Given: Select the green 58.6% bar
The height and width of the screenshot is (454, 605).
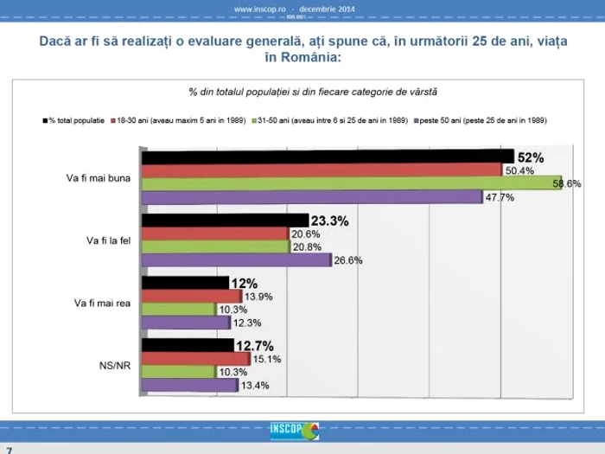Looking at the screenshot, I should coord(351,183).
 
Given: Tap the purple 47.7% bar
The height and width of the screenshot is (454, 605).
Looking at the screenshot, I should coord(311,196).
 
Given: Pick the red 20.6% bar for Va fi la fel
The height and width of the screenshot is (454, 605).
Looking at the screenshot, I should coord(214,233).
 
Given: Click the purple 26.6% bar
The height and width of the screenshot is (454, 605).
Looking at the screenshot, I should coord(236,259).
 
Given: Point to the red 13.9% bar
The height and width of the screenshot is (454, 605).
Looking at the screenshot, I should coord(191,296).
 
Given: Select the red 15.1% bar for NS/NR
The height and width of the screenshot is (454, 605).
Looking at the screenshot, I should coord(195,358).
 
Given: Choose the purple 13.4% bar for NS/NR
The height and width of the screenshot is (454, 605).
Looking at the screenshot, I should coord(189,385).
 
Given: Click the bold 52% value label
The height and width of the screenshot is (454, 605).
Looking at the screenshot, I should coord(530,157).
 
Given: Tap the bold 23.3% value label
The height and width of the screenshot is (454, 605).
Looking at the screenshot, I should coord(329,221).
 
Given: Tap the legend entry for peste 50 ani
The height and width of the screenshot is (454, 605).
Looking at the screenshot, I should coord(483,119).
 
